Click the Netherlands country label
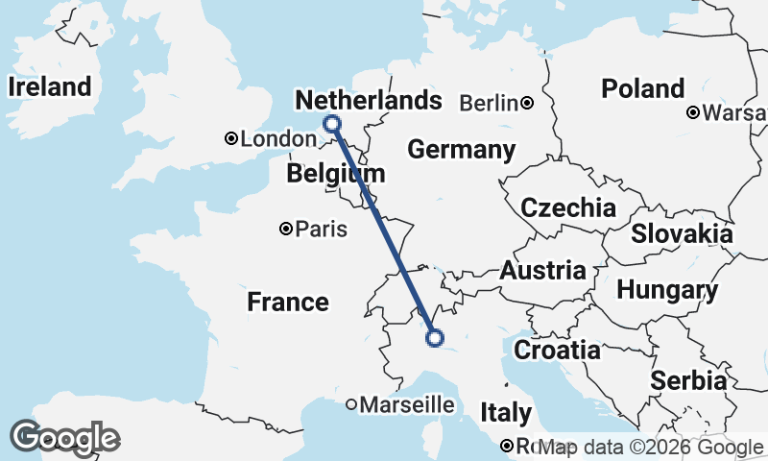tap(369, 101)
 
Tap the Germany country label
tap(461, 150)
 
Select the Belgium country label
tap(335, 174)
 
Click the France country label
tap(288, 303)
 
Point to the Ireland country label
tap(49, 86)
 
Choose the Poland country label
tap(642, 89)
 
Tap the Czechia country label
tap(567, 208)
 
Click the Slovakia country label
tap(682, 233)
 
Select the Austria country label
tap(542, 270)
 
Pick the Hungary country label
tap(666, 290)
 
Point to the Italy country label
tap(506, 414)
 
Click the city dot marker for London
tap(230, 139)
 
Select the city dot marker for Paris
tap(286, 229)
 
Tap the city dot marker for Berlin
tap(527, 102)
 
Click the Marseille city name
tap(406, 405)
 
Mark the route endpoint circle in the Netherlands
tap(332, 123)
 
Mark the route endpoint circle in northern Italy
tap(434, 337)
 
